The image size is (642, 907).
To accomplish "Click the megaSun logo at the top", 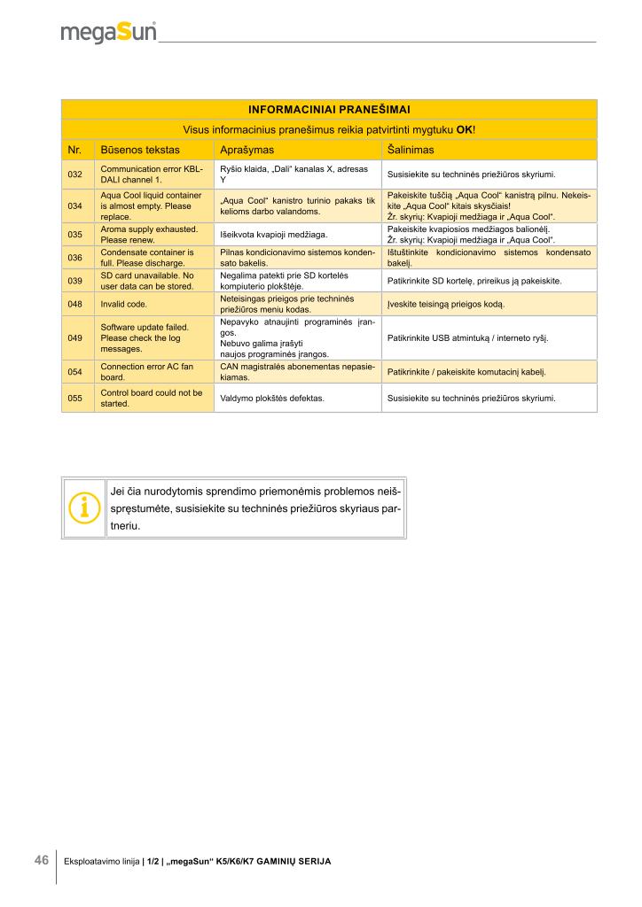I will pos(108,33).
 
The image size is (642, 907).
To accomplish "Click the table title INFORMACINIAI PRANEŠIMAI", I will pos(329,109).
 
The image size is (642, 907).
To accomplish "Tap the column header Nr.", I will pos(75,149).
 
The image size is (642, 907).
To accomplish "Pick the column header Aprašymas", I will pos(247,149).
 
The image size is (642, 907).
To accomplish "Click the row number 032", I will pos(75,174).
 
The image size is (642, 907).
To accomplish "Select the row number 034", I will pos(75,205).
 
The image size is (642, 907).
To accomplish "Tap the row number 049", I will pos(75,337).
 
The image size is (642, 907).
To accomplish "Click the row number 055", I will pos(75,398).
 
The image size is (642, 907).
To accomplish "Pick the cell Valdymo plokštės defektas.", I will pos(271,398).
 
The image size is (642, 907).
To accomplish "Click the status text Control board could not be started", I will pos(152,398).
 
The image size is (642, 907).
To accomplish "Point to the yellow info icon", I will pos(84,508).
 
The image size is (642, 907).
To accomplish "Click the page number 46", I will pos(41,860).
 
